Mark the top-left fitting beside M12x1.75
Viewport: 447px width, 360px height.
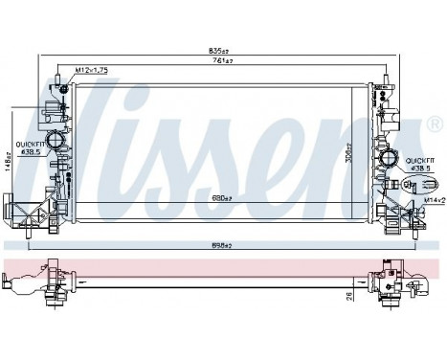click(63, 88)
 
